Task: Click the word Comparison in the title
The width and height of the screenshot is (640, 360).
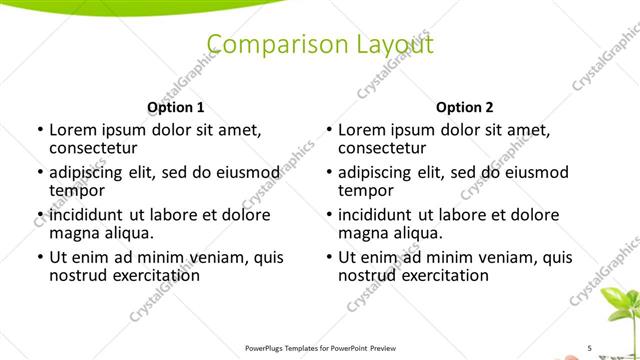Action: coord(265,44)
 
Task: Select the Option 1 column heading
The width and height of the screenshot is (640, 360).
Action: coord(176,107)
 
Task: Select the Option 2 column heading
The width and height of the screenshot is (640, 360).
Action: coord(465,107)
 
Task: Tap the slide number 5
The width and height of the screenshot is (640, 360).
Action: coord(589,347)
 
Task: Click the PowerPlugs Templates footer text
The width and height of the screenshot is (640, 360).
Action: coord(319,347)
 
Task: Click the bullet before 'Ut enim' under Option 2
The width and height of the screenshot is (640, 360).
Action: coord(330,257)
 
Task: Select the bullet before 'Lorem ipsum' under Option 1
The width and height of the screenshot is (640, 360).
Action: coord(39,130)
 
